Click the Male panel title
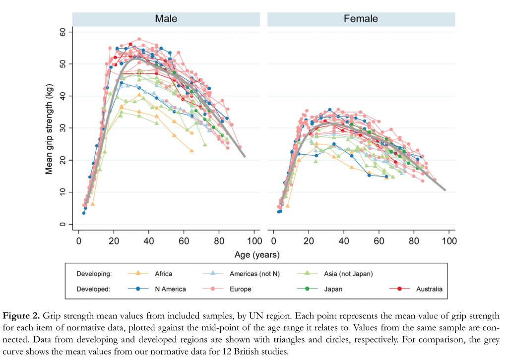[x=166, y=19]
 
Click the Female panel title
[x=361, y=19]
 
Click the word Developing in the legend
[x=93, y=273]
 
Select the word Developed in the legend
[x=93, y=289]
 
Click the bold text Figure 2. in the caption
[x=23, y=316]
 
